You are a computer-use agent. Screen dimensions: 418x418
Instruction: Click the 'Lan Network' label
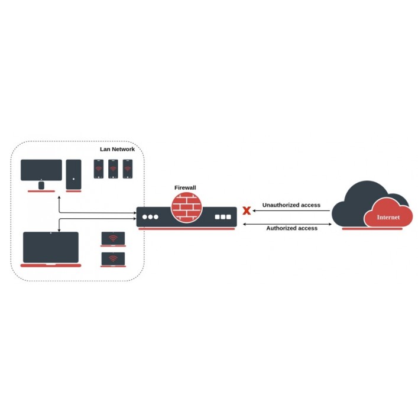(x=117, y=149)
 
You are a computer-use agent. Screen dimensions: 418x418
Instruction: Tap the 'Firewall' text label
(x=185, y=187)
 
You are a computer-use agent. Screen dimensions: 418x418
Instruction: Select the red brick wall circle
(x=187, y=208)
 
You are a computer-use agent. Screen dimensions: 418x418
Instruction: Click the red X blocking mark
(x=247, y=210)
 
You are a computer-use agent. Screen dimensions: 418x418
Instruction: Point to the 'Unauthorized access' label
(x=291, y=205)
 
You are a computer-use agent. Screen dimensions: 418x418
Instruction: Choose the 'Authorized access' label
(x=292, y=228)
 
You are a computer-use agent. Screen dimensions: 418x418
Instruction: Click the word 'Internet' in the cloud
(x=388, y=217)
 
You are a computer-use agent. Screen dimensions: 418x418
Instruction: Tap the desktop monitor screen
(x=41, y=170)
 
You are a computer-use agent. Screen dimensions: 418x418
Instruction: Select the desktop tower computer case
(x=73, y=174)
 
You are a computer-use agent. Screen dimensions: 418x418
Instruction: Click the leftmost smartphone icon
(x=99, y=169)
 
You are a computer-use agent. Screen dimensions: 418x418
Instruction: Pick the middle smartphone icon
(x=113, y=169)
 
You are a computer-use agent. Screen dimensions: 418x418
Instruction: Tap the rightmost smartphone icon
(x=128, y=169)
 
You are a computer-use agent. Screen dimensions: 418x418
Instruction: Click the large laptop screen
(x=51, y=247)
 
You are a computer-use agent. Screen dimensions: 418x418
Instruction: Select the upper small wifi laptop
(x=113, y=239)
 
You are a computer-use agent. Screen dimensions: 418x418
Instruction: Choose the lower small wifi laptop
(x=113, y=260)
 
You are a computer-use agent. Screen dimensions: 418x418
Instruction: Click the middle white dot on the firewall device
(x=150, y=217)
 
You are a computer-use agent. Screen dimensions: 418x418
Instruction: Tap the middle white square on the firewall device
(x=223, y=217)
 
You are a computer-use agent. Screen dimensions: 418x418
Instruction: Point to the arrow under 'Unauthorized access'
(x=291, y=210)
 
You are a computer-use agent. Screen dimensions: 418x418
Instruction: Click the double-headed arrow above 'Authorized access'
(x=287, y=224)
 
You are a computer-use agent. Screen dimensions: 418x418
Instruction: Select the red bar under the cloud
(x=372, y=229)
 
